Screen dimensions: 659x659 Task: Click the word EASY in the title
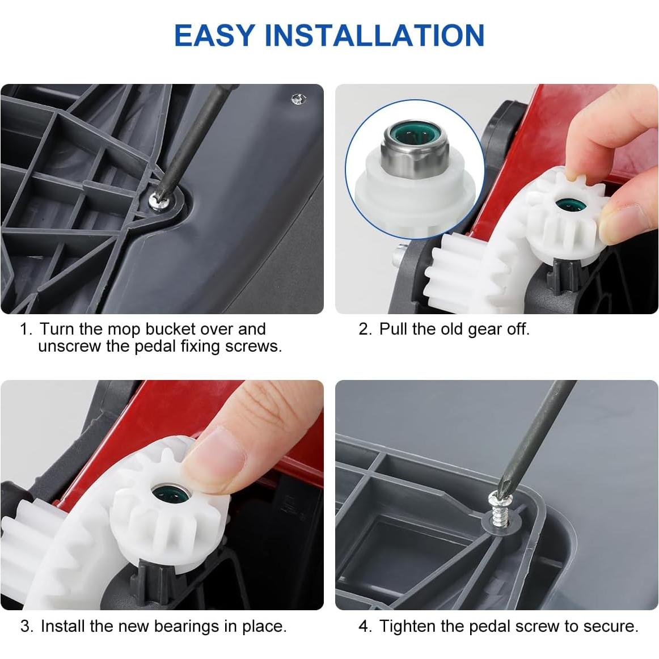[215, 35]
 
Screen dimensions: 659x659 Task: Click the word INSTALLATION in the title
[374, 35]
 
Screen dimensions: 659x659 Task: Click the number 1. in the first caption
[26, 329]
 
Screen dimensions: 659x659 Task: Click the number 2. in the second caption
[365, 329]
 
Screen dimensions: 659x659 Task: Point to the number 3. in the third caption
[27, 627]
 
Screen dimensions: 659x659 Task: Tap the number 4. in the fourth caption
[365, 627]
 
